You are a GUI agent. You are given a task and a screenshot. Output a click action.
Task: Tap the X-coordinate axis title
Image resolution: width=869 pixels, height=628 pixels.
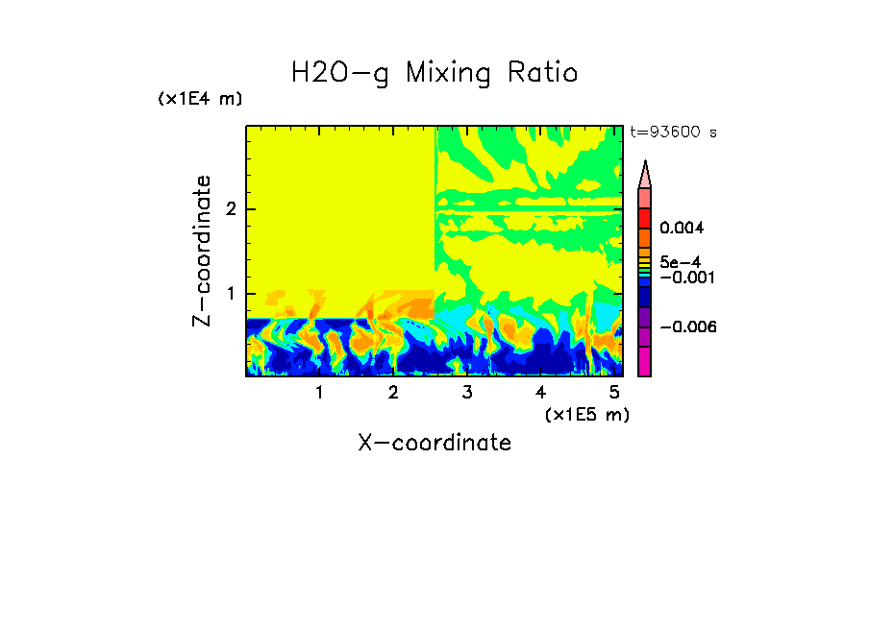434,443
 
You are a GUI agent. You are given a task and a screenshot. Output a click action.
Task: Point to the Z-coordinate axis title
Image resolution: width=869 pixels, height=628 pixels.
202,251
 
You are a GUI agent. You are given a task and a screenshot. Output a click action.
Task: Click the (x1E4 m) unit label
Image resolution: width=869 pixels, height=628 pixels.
200,99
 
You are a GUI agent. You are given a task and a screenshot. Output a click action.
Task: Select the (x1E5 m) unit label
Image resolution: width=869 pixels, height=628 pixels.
586,415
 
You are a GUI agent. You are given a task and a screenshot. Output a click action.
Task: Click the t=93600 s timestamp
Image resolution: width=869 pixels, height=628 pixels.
673,133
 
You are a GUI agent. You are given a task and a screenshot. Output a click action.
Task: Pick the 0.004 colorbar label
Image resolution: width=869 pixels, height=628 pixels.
682,229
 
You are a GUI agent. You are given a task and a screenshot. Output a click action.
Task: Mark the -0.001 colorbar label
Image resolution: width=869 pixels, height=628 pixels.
684,277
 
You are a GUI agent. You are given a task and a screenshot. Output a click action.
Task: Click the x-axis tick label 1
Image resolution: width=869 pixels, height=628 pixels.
319,393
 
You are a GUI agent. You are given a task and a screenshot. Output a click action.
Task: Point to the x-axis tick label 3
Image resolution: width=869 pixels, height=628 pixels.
467,393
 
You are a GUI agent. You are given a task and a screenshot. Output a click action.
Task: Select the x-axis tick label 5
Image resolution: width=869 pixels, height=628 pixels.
614,393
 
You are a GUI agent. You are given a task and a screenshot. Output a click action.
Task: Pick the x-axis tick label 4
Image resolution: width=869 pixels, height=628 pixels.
540,393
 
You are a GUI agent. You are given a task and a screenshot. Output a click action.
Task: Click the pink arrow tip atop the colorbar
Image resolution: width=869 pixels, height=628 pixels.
645,174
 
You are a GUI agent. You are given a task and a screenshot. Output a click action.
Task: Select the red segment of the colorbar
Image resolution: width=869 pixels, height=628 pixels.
645,217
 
